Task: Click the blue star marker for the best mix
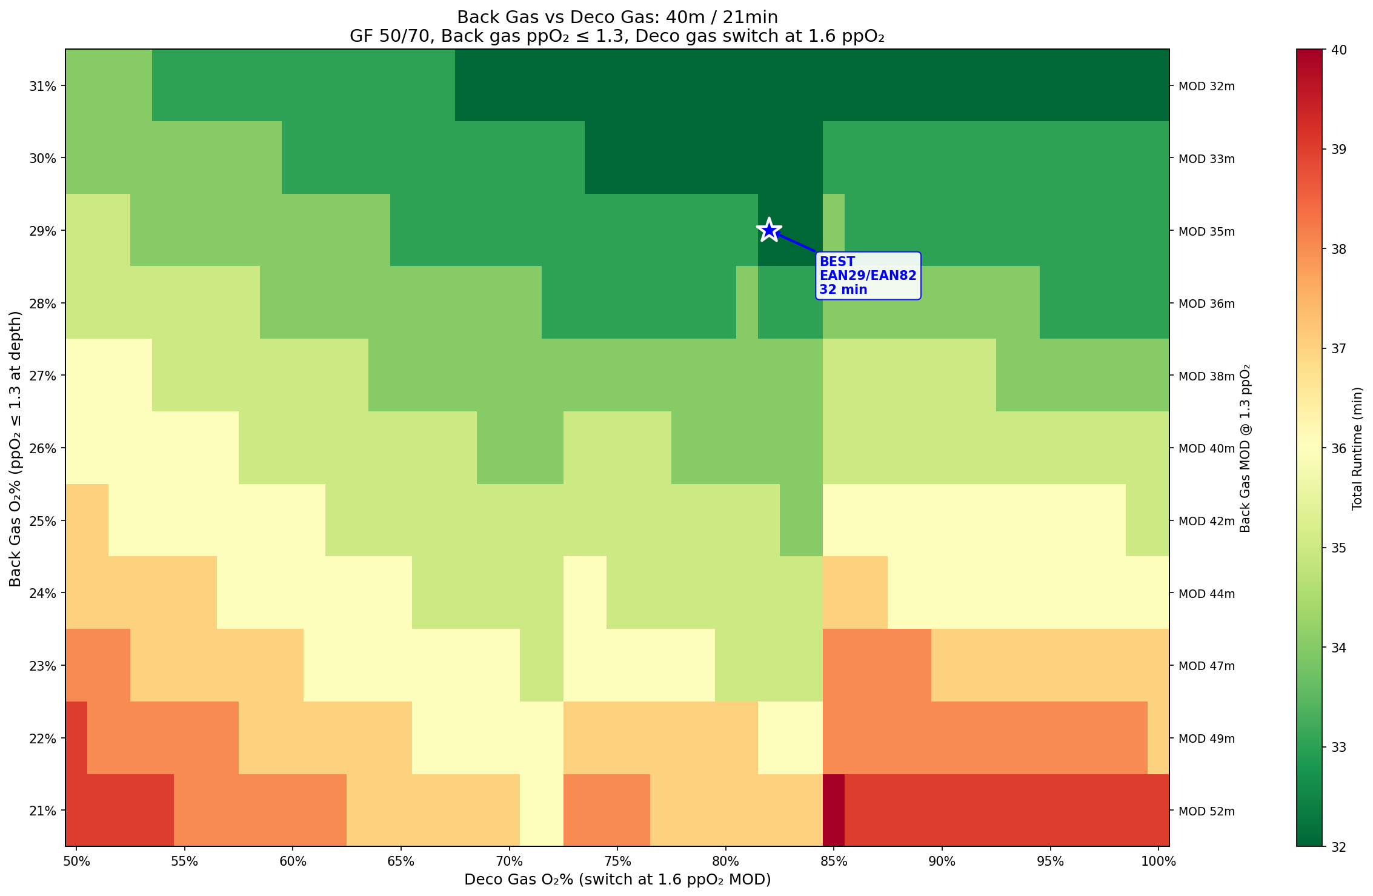coord(769,230)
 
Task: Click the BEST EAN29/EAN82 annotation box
coord(868,276)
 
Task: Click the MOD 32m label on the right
coord(1206,86)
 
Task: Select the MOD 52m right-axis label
coord(1206,811)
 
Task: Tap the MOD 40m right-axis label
coord(1206,448)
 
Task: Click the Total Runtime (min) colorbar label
coord(1357,448)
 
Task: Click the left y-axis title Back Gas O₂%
coord(16,448)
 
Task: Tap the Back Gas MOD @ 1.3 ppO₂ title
coord(1245,448)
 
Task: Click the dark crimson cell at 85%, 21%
coord(834,811)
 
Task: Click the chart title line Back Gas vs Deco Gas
coord(617,17)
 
